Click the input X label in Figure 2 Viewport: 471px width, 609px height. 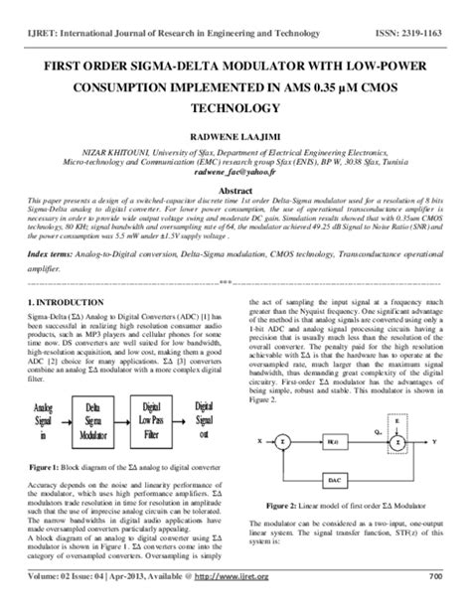point(259,439)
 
